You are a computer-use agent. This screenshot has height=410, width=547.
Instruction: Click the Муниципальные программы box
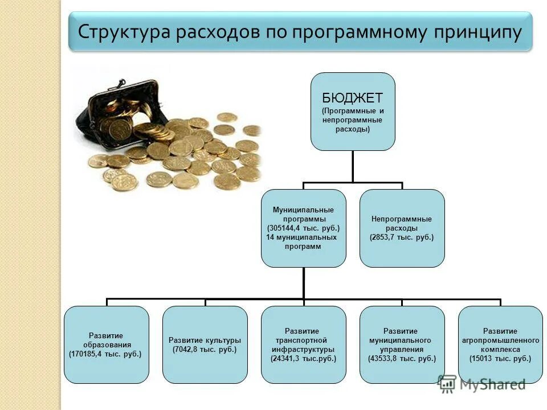point(304,228)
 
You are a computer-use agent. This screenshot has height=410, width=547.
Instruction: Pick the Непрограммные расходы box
point(402,228)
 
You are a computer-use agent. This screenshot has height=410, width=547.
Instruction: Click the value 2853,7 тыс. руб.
point(402,236)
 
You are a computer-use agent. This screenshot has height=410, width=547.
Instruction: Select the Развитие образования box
point(107,345)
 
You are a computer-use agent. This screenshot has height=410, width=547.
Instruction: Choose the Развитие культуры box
point(205,345)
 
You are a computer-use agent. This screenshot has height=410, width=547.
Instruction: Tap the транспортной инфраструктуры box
point(304,345)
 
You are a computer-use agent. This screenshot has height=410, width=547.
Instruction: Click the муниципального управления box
point(402,345)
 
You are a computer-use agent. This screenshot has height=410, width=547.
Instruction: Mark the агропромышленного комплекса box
point(500,345)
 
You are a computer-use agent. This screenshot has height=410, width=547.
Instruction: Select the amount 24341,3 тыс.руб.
point(304,359)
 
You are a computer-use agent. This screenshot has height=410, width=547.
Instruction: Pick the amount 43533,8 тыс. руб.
point(402,359)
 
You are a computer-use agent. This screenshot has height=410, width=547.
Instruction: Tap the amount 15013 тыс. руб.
point(500,359)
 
